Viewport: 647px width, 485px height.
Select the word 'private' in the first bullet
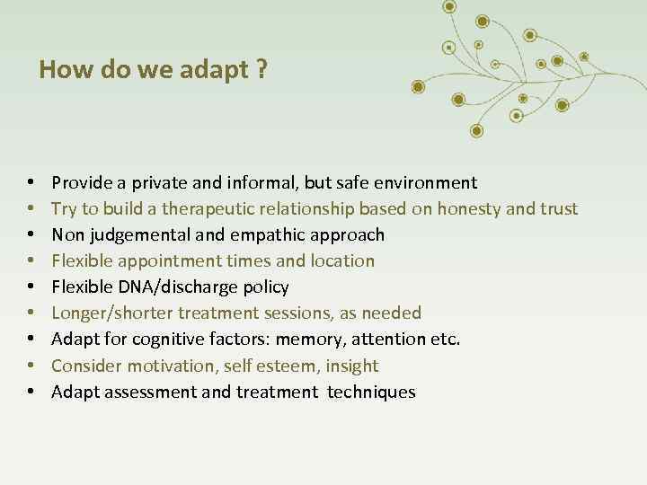(161, 183)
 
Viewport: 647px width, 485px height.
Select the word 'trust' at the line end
(558, 209)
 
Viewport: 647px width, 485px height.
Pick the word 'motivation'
(161, 366)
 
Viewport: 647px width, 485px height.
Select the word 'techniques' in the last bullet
(371, 392)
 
